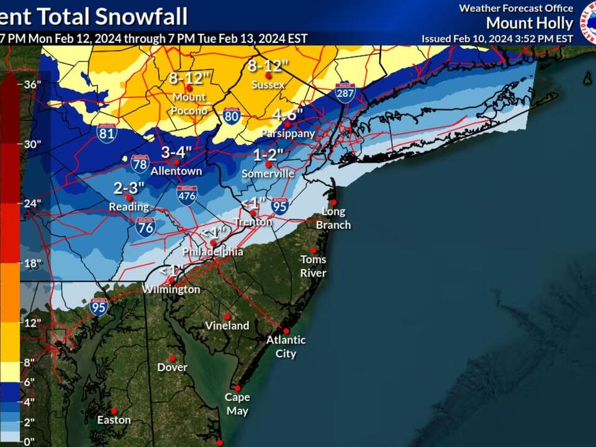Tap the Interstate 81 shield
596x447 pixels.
(107, 132)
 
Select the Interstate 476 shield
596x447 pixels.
(187, 195)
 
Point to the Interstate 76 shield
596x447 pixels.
(145, 227)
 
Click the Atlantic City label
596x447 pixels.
(286, 346)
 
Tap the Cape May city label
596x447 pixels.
(237, 404)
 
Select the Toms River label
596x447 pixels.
(314, 266)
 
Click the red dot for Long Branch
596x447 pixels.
(333, 202)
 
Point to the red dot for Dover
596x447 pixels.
(172, 358)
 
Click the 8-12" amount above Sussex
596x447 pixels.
(269, 65)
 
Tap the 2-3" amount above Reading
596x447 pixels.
(129, 187)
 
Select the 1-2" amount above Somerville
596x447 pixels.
(268, 155)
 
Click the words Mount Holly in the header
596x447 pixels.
(529, 24)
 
